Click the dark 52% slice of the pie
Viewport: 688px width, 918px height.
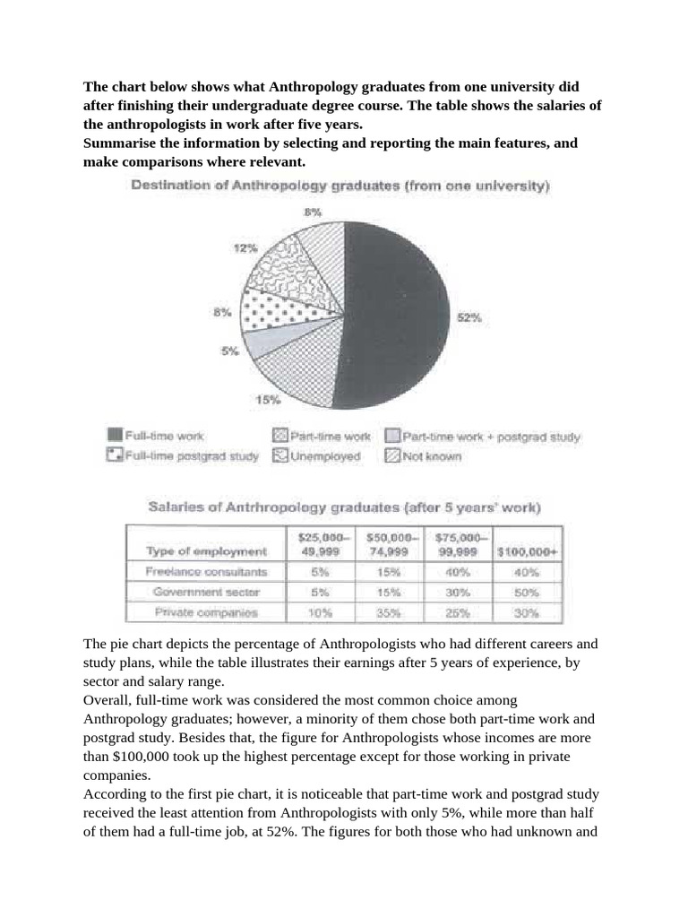tap(403, 314)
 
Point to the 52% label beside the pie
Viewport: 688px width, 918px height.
tap(469, 317)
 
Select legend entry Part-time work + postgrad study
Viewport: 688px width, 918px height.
tap(483, 437)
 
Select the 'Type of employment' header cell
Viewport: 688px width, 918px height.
tap(205, 551)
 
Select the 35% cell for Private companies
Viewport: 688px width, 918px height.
tap(390, 613)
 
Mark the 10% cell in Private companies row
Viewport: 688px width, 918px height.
tap(320, 613)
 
